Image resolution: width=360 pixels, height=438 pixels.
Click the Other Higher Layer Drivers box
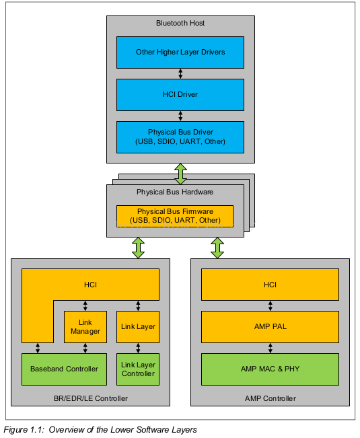180,52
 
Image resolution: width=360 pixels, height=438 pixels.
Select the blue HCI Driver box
180,95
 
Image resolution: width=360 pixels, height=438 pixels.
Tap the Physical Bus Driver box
180,137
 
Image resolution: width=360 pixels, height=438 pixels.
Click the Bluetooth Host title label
180,23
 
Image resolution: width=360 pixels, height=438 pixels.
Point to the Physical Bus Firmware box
175,216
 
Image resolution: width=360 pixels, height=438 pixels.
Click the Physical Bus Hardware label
175,192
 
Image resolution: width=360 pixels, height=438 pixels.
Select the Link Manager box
85,327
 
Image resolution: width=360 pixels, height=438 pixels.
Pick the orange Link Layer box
138,327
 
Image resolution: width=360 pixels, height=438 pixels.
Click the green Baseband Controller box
64,369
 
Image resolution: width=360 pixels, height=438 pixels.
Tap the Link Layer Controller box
138,369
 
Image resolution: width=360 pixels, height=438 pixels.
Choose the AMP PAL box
270,327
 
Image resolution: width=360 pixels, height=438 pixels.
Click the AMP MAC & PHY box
270,369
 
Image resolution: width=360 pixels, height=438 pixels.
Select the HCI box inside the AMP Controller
270,285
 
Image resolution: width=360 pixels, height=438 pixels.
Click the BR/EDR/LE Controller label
91,398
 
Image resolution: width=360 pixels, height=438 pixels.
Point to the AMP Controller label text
271,398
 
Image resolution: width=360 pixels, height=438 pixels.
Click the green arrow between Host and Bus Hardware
181,174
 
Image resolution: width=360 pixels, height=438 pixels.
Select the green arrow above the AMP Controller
217,248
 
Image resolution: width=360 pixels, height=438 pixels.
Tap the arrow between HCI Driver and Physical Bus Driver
180,116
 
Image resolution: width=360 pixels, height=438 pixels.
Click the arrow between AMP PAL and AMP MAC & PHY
270,348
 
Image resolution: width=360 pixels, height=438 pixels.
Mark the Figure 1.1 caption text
100,430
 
